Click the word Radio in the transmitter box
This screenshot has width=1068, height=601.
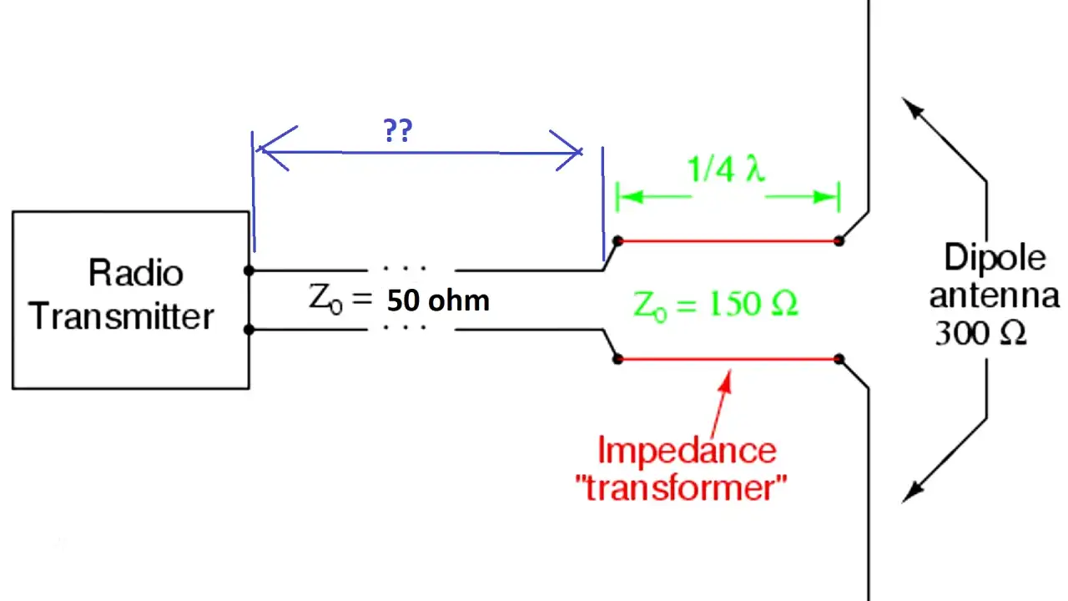point(136,272)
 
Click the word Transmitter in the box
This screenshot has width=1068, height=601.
point(121,316)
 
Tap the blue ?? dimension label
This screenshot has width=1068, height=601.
point(398,131)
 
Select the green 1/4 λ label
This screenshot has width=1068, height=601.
point(726,169)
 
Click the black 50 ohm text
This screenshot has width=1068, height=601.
point(438,301)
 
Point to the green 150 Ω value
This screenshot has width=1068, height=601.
point(753,303)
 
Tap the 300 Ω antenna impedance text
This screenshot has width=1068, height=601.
point(980,333)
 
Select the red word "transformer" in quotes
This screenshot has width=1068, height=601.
point(681,487)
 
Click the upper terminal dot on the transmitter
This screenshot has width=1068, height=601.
point(249,271)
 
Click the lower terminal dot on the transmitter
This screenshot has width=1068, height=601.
point(249,330)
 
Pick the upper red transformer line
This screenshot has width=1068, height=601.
point(728,241)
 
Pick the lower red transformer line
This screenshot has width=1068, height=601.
point(728,359)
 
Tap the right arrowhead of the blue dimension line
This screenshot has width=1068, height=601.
point(567,151)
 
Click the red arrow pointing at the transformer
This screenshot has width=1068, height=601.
point(720,403)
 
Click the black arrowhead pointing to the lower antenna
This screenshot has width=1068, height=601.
point(912,492)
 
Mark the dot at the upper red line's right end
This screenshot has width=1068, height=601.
point(839,241)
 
